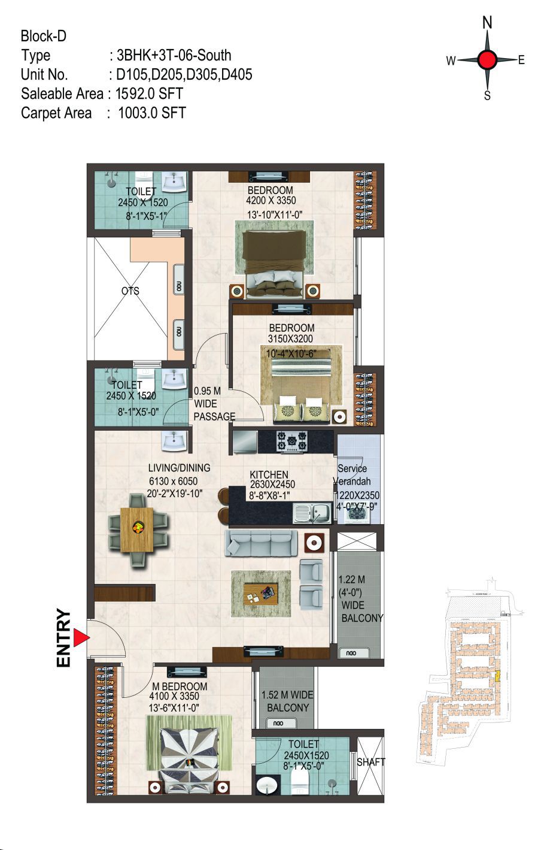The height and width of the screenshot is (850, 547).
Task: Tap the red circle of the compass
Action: click(487, 59)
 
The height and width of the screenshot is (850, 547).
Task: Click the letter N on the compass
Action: click(487, 23)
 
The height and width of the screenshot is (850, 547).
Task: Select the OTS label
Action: click(130, 291)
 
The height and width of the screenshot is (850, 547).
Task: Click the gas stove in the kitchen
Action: click(292, 441)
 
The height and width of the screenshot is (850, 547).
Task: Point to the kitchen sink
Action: click(312, 513)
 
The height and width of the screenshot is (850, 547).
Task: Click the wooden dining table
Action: click(137, 530)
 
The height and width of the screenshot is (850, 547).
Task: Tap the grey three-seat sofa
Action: click(261, 543)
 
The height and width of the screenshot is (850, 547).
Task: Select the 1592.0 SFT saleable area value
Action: click(149, 93)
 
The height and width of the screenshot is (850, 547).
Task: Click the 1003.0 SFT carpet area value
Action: click(152, 113)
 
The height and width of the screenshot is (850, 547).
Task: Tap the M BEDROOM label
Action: click(180, 686)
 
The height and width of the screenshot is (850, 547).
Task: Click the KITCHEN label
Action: click(269, 474)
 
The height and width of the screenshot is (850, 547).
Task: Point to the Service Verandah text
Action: click(352, 474)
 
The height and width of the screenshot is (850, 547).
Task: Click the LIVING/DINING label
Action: click(179, 467)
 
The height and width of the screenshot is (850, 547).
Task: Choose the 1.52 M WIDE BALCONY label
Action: click(287, 701)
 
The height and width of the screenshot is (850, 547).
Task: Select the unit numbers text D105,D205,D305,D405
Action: click(184, 74)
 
